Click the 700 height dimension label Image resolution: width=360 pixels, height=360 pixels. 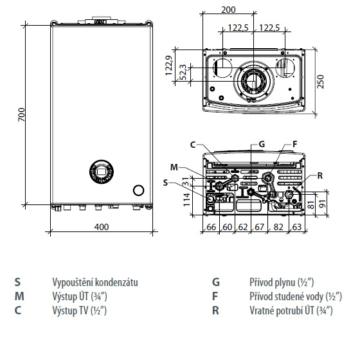click(22, 114)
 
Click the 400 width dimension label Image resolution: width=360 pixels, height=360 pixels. click(102, 227)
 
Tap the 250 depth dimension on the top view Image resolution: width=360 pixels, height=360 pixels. click(320, 81)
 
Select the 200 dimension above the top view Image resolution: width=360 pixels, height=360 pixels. click(228, 10)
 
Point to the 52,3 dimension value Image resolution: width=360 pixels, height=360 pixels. click(183, 72)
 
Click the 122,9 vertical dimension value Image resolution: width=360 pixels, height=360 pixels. click(169, 65)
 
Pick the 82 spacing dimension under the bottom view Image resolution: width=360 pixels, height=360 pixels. click(278, 227)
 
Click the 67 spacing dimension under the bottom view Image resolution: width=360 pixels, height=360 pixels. click(259, 227)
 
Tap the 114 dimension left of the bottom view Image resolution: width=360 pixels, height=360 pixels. click(187, 199)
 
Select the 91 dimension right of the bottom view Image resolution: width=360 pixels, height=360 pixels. click(323, 203)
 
